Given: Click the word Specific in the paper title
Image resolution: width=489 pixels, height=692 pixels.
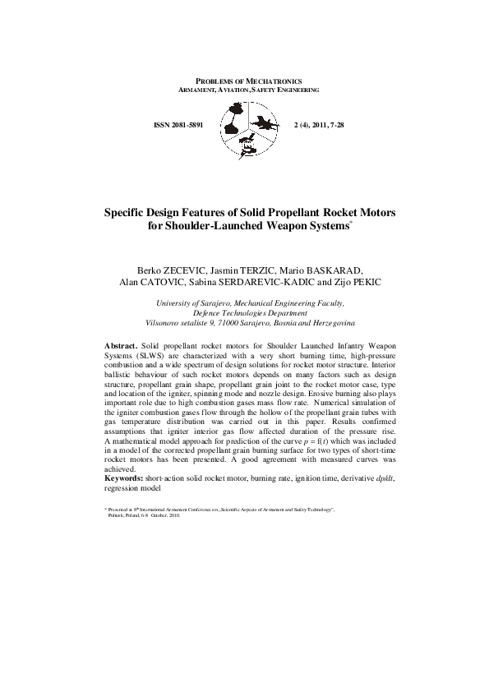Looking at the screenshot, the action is coord(131,212).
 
